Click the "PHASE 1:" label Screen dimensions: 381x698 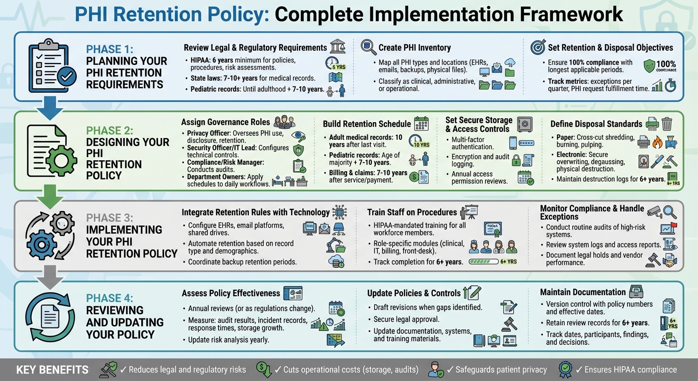(x=109, y=49)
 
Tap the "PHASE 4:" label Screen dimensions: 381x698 (x=109, y=298)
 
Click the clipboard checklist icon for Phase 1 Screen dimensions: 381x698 (x=52, y=66)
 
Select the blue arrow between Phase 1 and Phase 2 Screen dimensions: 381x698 (x=50, y=108)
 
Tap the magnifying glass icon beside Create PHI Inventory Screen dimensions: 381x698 (x=368, y=47)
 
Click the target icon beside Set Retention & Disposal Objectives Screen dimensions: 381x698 (x=538, y=47)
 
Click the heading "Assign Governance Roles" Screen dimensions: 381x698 (x=226, y=122)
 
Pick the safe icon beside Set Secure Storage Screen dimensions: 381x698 (x=524, y=123)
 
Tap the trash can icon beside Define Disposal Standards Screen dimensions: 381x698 (x=667, y=123)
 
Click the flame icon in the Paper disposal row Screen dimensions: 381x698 (x=657, y=142)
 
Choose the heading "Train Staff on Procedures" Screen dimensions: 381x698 (x=412, y=212)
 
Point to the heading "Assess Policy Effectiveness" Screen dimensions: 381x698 (x=231, y=293)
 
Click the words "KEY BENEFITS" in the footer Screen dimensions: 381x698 (x=53, y=370)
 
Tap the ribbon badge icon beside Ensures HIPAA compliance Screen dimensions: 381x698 (x=565, y=369)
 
